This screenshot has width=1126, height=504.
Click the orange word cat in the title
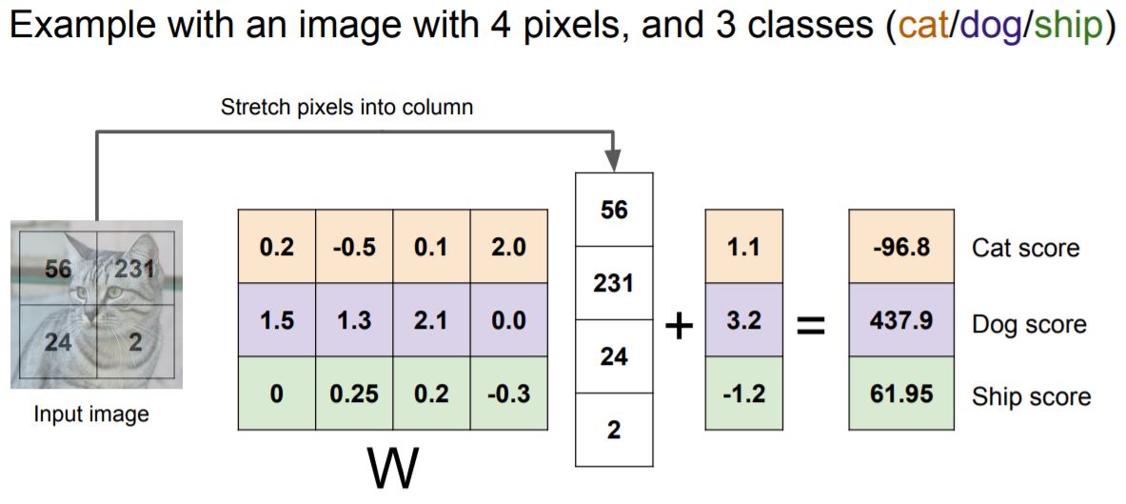pyautogui.click(x=921, y=27)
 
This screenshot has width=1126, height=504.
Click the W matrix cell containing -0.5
pyautogui.click(x=354, y=248)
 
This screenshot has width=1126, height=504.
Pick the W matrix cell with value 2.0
pyautogui.click(x=508, y=248)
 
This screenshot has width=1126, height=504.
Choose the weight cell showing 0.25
pyautogui.click(x=354, y=393)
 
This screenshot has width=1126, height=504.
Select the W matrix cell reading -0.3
pyautogui.click(x=508, y=393)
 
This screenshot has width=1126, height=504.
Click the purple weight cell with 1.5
pyautogui.click(x=276, y=320)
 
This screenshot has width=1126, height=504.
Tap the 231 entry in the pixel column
pyautogui.click(x=614, y=283)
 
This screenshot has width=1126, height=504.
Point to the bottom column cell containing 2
pyautogui.click(x=614, y=430)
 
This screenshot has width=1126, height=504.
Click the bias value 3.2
pyautogui.click(x=743, y=320)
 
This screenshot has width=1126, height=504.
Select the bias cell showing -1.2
pyautogui.click(x=743, y=393)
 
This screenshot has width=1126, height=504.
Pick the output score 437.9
pyautogui.click(x=900, y=320)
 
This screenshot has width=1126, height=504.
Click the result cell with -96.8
pyautogui.click(x=900, y=248)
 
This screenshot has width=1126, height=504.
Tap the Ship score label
pyautogui.click(x=1031, y=396)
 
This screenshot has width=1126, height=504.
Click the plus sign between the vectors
pyautogui.click(x=679, y=326)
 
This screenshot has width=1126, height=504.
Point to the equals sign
pyautogui.click(x=809, y=326)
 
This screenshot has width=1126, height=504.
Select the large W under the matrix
pyautogui.click(x=392, y=469)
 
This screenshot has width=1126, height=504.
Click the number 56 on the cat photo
pyautogui.click(x=58, y=270)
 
